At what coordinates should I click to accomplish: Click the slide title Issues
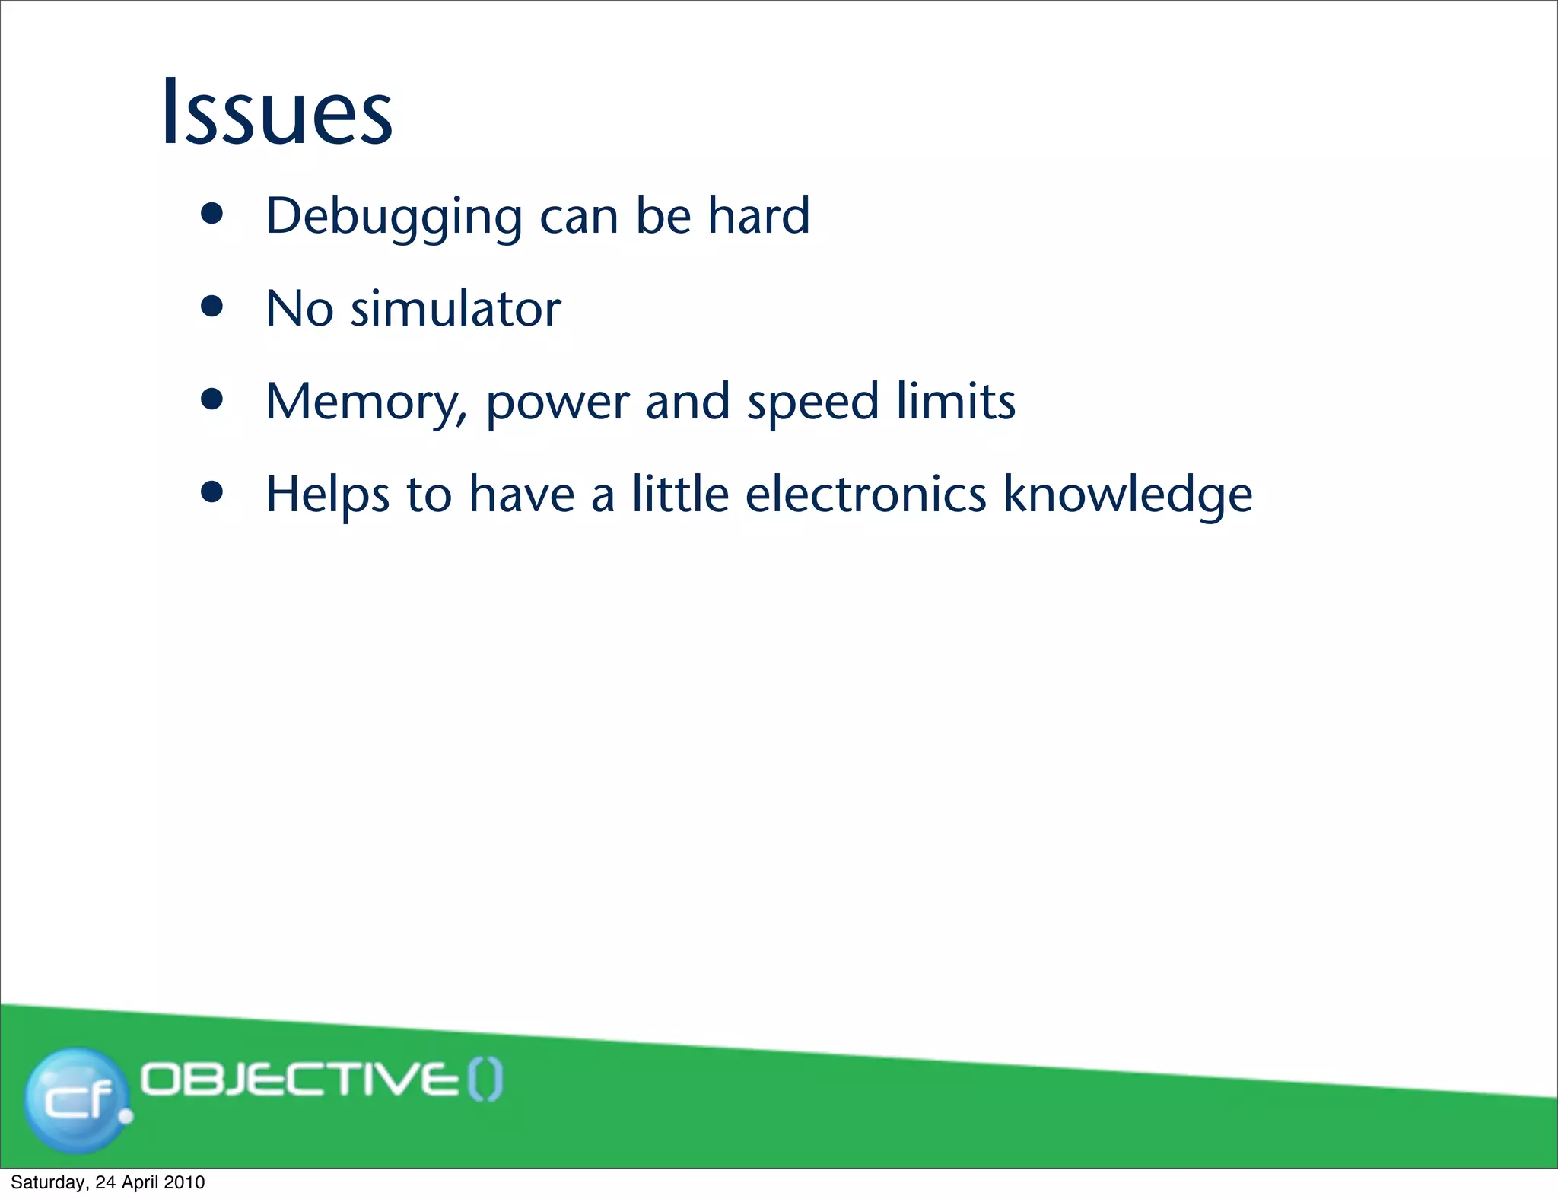click(x=277, y=112)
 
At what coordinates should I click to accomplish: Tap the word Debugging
click(x=393, y=217)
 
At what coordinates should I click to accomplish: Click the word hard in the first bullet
click(x=758, y=215)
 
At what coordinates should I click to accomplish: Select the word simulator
click(x=455, y=309)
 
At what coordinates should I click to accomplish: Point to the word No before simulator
click(x=299, y=309)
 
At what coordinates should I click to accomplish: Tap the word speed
click(x=812, y=402)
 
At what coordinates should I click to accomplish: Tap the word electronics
click(x=866, y=495)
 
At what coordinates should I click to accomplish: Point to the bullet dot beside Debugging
click(x=212, y=215)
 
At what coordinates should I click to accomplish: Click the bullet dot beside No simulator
click(x=212, y=307)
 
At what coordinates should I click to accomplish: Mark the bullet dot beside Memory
click(x=212, y=400)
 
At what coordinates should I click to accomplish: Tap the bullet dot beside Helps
click(x=212, y=493)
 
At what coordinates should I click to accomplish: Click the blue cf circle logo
click(x=77, y=1099)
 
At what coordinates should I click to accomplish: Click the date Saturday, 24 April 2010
click(x=107, y=1182)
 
